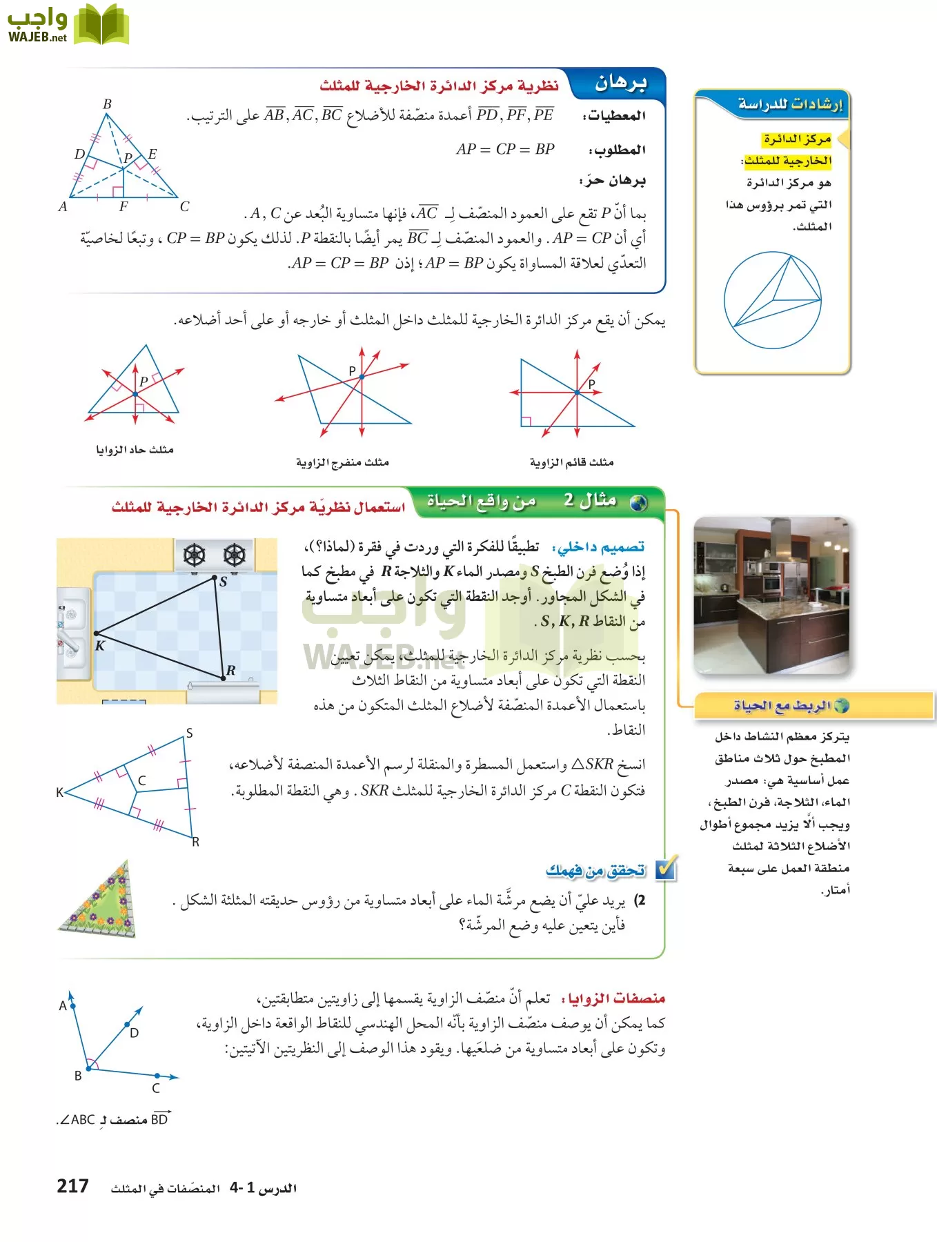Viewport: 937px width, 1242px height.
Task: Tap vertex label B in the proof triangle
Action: click(x=107, y=104)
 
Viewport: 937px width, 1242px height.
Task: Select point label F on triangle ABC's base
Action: click(x=124, y=206)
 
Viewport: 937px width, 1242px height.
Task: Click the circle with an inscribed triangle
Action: click(x=772, y=299)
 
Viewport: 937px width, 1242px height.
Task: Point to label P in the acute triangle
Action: click(x=144, y=381)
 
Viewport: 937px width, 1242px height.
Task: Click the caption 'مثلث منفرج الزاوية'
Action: click(x=342, y=462)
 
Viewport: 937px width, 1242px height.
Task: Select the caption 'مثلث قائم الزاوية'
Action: click(x=571, y=462)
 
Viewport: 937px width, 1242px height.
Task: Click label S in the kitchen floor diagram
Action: click(x=223, y=582)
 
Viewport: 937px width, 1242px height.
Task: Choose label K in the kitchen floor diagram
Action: click(x=100, y=646)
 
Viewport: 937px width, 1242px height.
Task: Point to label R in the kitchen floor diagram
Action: click(x=230, y=670)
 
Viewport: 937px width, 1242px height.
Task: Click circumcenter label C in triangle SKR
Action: click(x=142, y=780)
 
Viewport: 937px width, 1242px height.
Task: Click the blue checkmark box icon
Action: click(x=666, y=869)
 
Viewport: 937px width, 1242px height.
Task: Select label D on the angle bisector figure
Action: click(x=135, y=1033)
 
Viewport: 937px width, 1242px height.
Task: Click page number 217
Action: click(x=72, y=1186)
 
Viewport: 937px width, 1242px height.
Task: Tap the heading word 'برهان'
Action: click(x=620, y=83)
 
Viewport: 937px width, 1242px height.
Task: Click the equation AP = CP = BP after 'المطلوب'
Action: click(x=505, y=149)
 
